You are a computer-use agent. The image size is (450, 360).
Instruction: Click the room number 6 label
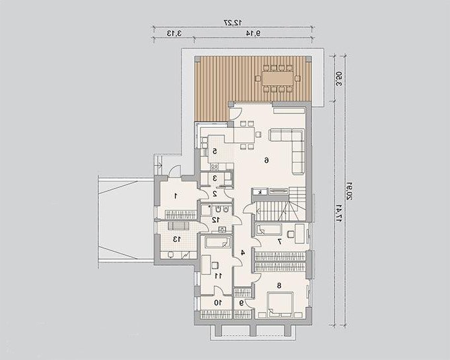click(x=267, y=160)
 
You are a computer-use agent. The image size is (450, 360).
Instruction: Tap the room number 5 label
click(x=214, y=152)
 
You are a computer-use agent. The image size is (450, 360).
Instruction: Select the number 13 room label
click(x=176, y=239)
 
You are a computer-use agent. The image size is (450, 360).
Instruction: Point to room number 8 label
click(x=279, y=285)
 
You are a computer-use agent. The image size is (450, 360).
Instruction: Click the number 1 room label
click(x=176, y=196)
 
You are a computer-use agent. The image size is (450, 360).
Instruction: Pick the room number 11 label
click(x=218, y=276)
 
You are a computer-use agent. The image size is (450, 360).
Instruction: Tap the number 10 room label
click(x=218, y=303)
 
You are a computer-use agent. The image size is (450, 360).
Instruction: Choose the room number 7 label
click(x=279, y=241)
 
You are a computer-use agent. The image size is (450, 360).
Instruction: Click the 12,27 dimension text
click(x=233, y=22)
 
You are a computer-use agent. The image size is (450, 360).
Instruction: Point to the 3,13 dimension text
click(x=174, y=33)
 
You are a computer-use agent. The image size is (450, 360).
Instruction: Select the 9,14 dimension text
click(x=253, y=33)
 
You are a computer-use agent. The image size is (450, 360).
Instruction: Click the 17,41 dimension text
click(x=339, y=213)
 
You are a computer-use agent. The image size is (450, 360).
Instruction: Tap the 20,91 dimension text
click(x=349, y=191)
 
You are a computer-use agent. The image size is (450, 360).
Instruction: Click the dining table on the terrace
click(x=278, y=78)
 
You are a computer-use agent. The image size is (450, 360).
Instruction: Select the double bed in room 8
click(x=280, y=305)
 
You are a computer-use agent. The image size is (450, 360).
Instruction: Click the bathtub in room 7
click(x=269, y=229)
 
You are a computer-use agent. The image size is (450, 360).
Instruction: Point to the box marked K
click(x=260, y=192)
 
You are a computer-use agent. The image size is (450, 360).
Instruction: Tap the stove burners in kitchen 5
click(x=214, y=167)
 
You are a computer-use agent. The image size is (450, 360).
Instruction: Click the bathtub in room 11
click(x=218, y=243)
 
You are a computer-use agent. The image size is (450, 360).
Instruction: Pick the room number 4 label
click(x=243, y=253)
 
